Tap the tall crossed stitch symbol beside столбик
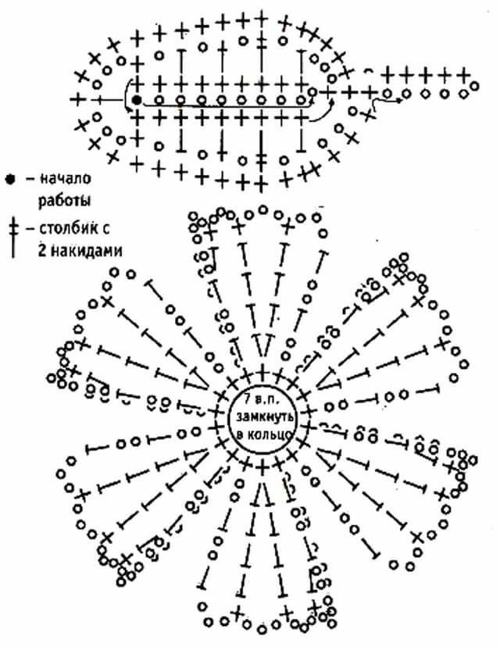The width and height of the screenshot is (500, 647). pos(13,238)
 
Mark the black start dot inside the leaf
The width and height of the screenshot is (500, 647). pos(137,100)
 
